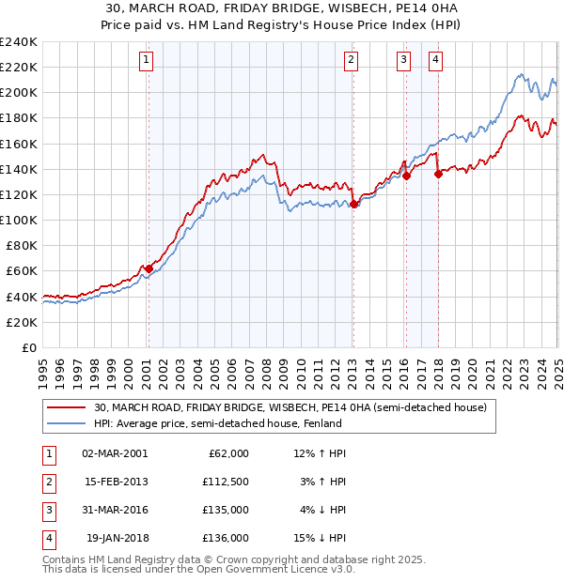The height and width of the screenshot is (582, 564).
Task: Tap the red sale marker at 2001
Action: click(x=149, y=268)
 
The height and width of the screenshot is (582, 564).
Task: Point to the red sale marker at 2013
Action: click(x=353, y=204)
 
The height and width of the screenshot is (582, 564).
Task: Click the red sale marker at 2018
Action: click(x=438, y=174)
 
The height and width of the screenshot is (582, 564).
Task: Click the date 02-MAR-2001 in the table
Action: click(x=115, y=453)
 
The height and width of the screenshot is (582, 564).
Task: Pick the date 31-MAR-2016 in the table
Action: click(x=115, y=510)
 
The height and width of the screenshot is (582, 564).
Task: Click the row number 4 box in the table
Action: click(x=47, y=538)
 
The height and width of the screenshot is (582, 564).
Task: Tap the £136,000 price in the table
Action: click(x=227, y=538)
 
